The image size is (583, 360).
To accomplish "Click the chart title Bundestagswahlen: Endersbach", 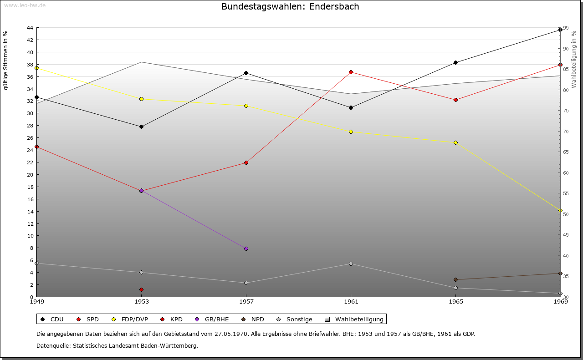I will [290, 6].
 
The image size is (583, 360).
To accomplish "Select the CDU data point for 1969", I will [560, 30].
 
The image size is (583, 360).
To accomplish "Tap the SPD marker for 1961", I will [351, 72].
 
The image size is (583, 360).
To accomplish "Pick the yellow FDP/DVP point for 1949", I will [36, 68].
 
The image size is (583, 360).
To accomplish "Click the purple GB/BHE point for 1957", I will [246, 248].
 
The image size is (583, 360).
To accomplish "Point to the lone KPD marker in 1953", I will [141, 289].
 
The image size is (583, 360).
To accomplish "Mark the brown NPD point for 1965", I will [455, 279].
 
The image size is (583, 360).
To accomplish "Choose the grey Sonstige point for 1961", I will [351, 264].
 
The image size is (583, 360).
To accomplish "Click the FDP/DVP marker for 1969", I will [560, 211].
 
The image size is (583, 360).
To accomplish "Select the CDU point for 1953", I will [141, 127].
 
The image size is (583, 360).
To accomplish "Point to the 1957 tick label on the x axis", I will [246, 301].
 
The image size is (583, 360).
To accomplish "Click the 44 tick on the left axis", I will [30, 28].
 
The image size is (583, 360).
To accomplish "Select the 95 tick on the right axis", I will [565, 28].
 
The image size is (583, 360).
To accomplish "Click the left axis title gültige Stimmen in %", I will [5, 60].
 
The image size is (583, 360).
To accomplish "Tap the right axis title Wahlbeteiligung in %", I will [574, 60].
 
